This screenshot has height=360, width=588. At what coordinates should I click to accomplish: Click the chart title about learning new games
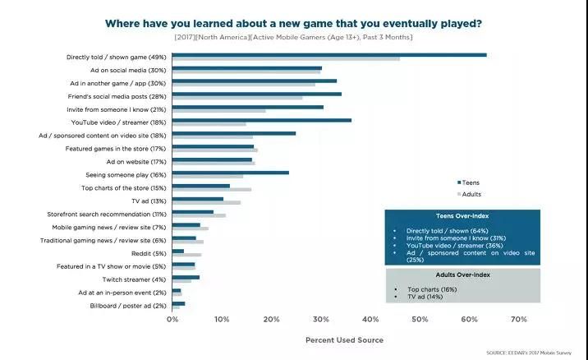293,22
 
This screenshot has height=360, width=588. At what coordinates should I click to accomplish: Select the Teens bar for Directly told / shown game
328,55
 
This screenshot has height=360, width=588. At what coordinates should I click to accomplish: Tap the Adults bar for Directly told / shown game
285,59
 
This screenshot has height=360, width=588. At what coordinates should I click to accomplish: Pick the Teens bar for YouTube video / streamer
261,120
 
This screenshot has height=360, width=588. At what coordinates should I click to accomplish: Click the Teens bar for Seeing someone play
230,173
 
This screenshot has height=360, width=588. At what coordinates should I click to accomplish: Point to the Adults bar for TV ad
206,202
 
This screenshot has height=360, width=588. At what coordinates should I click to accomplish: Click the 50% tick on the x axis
420,318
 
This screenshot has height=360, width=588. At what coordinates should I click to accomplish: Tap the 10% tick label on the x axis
222,318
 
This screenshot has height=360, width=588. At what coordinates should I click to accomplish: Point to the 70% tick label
518,318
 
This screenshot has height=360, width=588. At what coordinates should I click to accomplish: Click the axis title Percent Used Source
344,339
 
